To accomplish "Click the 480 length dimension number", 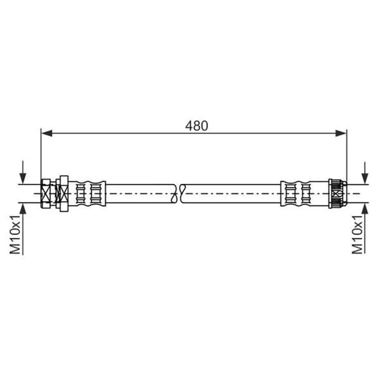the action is click(197, 126).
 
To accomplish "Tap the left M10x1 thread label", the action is click(15, 234).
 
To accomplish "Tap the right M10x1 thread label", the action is click(357, 234).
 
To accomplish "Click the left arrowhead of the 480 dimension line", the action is click(47, 133).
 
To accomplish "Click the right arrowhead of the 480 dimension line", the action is click(341, 133).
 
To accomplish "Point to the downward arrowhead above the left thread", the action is click(23, 178).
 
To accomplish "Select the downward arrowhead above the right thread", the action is click(365, 178).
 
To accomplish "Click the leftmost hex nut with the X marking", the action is click(46, 194).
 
